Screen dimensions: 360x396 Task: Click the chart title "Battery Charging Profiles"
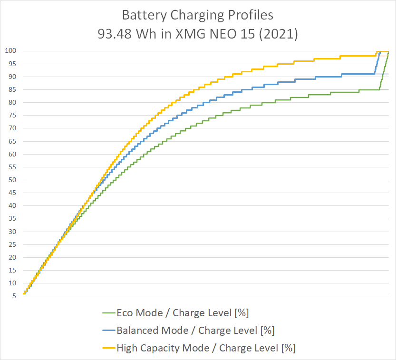198,15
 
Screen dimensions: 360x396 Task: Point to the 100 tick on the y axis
11,51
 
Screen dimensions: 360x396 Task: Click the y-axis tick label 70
12,128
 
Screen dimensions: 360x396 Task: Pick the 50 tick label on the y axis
12,180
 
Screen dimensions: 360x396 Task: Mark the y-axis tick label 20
12,257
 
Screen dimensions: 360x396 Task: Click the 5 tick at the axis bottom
14,296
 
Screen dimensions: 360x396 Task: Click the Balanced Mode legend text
195,330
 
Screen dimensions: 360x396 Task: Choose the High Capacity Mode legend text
206,348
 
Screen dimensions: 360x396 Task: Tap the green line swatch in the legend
108,313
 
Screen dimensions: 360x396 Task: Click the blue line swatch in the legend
108,331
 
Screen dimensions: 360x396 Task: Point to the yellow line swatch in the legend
108,348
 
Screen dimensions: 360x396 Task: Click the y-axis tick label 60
12,154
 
